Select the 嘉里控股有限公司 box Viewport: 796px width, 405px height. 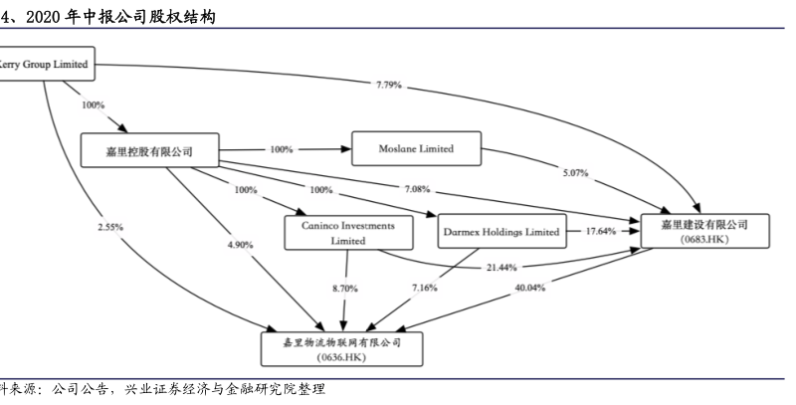149,151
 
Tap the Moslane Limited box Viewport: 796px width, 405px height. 415,149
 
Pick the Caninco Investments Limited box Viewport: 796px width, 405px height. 347,233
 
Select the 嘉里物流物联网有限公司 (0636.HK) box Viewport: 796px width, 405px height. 344,347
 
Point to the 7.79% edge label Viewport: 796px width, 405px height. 389,86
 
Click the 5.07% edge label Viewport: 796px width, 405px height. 575,172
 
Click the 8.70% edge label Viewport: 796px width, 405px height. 344,288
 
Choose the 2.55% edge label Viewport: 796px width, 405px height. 110,227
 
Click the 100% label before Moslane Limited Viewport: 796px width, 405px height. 282,149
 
